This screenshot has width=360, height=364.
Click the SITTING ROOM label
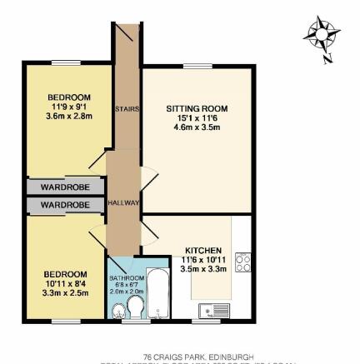coord(197,108)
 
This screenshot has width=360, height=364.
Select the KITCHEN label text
coord(202,250)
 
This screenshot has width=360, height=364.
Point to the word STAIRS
coord(127,108)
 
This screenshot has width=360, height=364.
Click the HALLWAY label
coord(124,202)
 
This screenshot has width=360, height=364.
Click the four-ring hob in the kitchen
coord(244,263)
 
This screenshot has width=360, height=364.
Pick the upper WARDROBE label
coord(65,187)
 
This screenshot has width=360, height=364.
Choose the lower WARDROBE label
coord(65,204)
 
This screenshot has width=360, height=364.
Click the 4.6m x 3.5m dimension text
coord(197,127)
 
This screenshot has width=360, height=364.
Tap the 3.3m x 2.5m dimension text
coord(65,292)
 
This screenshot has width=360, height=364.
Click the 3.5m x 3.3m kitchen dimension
coord(202,268)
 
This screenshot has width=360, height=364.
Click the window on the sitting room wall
coord(197,66)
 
